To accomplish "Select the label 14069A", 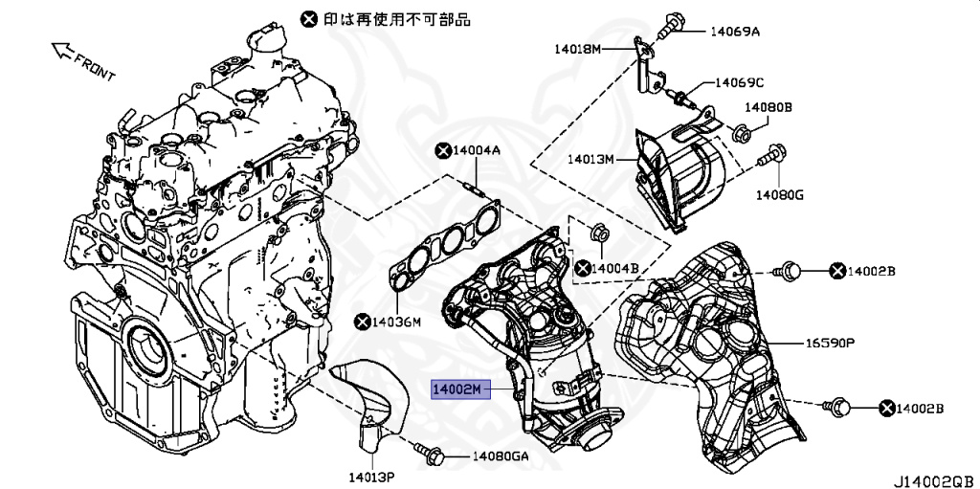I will [734, 32].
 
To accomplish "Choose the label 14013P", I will [371, 474].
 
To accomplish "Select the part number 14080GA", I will [500, 456].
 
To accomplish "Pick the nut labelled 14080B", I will [741, 133].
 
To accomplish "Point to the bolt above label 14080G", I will [774, 154].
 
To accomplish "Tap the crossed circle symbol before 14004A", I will [442, 150].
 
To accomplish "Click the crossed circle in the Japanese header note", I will [307, 18].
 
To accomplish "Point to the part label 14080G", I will [778, 195].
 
